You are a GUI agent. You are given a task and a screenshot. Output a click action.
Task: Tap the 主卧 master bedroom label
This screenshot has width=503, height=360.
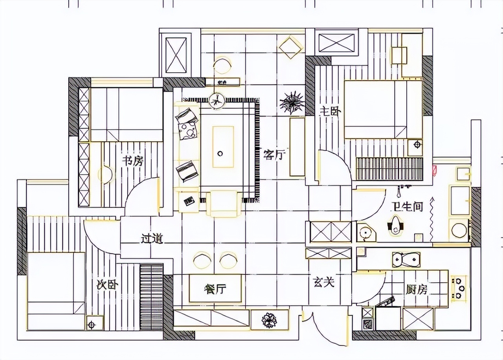pyautogui.click(x=330, y=111)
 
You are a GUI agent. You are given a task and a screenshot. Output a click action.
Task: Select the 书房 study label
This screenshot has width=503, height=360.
pyautogui.click(x=132, y=161)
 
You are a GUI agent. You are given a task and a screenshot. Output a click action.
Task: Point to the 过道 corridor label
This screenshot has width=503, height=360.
pyautogui.click(x=152, y=239)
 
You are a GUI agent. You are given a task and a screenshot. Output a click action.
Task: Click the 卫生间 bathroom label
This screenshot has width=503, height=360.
pyautogui.click(x=407, y=206)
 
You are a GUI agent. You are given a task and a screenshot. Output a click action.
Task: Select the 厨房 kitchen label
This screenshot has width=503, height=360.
pyautogui.click(x=417, y=290)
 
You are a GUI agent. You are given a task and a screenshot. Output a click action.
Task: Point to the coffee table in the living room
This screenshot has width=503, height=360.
pyautogui.click(x=223, y=146)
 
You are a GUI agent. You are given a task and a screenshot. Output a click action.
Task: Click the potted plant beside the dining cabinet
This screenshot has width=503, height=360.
pyautogui.click(x=270, y=320)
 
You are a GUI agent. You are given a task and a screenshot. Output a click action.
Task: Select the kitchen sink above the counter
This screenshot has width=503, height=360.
pyautogui.click(x=406, y=260)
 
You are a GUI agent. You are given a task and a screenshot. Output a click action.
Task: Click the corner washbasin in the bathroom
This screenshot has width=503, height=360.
pyautogui.click(x=366, y=233)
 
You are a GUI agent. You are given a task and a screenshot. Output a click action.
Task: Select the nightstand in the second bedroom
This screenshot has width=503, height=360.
pyautogui.click(x=92, y=324)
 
